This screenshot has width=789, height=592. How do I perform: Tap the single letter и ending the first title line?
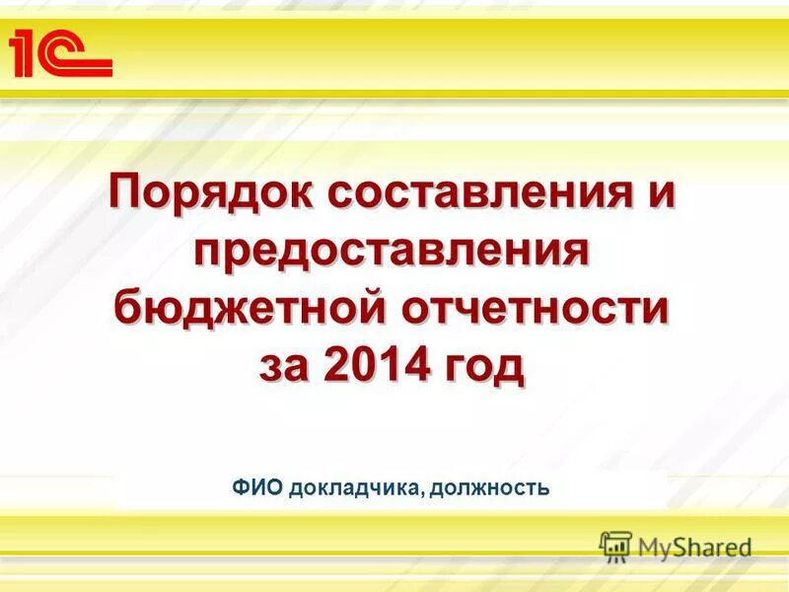tap(660, 190)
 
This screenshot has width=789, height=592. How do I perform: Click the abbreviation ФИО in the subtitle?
tap(258, 486)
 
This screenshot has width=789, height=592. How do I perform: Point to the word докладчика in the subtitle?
tap(358, 486)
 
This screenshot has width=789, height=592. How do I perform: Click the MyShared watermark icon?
tap(615, 546)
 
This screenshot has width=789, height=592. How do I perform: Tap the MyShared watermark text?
tap(694, 547)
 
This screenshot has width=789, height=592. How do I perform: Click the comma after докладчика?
tap(427, 491)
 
